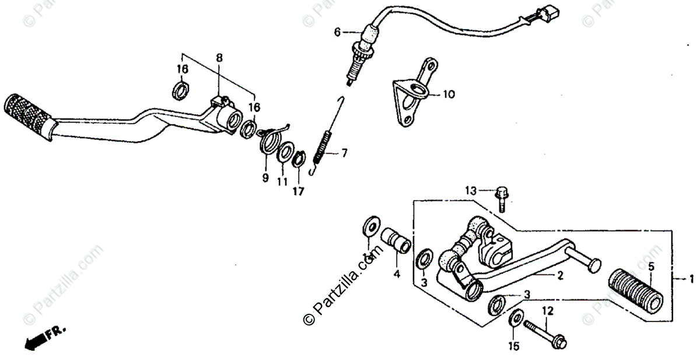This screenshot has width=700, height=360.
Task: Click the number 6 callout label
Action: (337, 32)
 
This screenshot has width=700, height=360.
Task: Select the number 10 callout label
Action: (449, 94)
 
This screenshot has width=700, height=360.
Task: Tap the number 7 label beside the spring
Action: (345, 154)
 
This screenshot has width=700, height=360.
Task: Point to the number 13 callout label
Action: (471, 190)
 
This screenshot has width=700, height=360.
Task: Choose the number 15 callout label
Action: (514, 347)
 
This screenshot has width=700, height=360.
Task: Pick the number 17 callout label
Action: (298, 191)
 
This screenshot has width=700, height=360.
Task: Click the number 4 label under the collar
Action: (396, 273)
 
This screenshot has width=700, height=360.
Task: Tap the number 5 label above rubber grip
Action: (651, 266)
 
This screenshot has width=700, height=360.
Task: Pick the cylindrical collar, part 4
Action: (396, 247)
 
